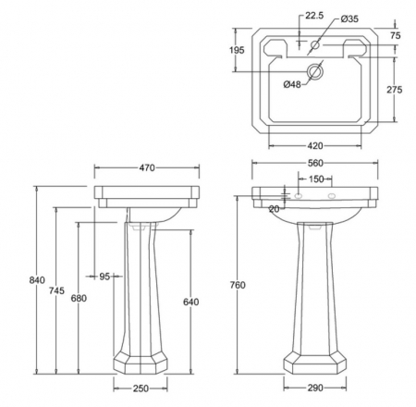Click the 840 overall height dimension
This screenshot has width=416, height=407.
pyautogui.click(x=37, y=280)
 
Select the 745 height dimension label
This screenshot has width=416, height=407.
pyautogui.click(x=56, y=290)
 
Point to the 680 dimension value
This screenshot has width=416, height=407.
pyautogui.click(x=79, y=298)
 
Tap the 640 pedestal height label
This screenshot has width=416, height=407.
pyautogui.click(x=191, y=302)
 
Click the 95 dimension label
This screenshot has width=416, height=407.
pyautogui.click(x=104, y=277)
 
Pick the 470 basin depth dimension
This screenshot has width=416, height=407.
pyautogui.click(x=147, y=167)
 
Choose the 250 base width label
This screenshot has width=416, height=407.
pyautogui.click(x=141, y=388)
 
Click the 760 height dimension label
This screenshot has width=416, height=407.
pyautogui.click(x=238, y=285)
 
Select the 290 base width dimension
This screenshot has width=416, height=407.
pyautogui.click(x=315, y=388)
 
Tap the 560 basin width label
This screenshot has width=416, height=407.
pyautogui.click(x=315, y=163)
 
